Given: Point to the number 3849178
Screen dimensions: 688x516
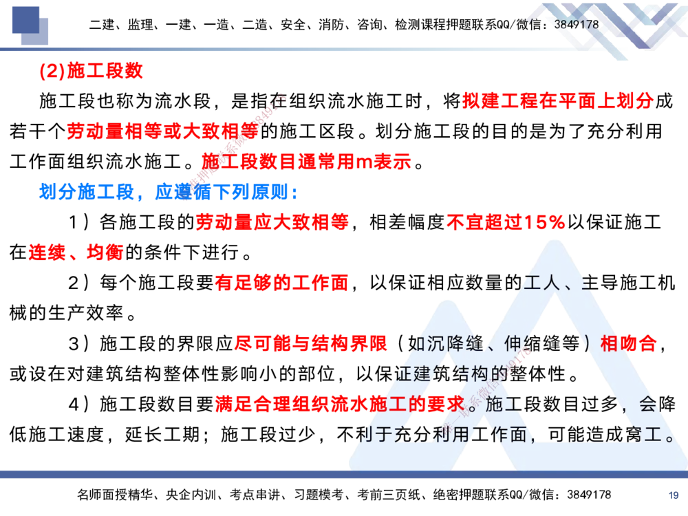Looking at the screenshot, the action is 577,25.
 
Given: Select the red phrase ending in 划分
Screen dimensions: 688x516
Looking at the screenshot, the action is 557,101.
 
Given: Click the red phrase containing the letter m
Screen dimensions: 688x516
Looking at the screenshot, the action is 306,161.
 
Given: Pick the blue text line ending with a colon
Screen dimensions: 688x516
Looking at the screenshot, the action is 168,193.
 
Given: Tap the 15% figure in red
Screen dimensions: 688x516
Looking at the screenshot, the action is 544,222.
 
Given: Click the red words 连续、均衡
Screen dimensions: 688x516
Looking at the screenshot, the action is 76,253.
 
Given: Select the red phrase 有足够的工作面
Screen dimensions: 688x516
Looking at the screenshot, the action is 282,282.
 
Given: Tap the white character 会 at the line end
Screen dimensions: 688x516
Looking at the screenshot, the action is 646,404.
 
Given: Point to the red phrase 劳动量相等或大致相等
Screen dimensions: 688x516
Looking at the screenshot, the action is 162,131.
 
